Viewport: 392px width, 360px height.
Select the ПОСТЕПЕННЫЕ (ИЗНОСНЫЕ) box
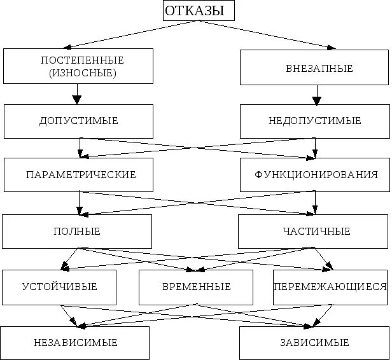(78, 67)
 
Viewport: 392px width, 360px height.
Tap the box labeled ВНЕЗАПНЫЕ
(314, 67)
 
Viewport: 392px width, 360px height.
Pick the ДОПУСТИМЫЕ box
(78, 121)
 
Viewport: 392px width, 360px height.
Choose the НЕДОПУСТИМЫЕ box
(314, 121)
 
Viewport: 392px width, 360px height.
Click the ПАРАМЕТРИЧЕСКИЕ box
(78, 174)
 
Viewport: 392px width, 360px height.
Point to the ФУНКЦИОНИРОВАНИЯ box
(314, 174)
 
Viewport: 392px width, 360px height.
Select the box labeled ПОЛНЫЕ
(77, 231)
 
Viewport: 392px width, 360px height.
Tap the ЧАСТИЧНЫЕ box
(313, 231)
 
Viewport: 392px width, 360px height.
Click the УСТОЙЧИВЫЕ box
(59, 287)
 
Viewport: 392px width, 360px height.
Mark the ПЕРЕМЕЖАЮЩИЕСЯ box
(330, 287)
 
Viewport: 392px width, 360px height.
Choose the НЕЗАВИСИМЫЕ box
(75, 343)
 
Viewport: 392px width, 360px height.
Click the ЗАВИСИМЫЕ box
(314, 343)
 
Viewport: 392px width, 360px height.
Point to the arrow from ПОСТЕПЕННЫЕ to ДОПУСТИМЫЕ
(78, 95)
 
